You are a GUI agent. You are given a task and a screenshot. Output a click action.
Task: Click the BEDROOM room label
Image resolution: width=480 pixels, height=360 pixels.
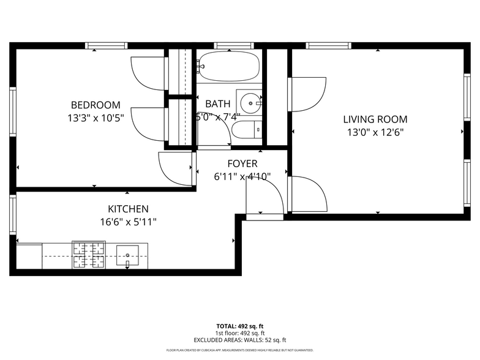[96, 105]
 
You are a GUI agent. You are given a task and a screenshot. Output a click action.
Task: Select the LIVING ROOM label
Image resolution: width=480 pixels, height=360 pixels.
[375, 119]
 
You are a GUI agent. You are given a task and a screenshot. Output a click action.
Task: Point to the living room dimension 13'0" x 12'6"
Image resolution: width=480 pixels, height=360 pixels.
[375, 132]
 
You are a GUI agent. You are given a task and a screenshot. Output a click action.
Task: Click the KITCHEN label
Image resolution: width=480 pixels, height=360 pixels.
[128, 209]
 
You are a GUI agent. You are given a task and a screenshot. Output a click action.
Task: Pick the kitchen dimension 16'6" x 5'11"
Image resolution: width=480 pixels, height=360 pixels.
[128, 222]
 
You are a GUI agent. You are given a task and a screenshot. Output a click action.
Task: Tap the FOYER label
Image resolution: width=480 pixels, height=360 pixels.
[242, 164]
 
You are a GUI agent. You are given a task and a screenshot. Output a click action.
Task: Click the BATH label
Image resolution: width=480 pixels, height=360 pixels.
[217, 104]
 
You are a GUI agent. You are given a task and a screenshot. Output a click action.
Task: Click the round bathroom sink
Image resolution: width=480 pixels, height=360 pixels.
[250, 103]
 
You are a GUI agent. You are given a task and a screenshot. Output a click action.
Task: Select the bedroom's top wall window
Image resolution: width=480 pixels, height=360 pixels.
[106, 45]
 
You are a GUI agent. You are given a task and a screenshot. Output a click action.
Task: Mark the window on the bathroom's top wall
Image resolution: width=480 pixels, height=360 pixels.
[233, 45]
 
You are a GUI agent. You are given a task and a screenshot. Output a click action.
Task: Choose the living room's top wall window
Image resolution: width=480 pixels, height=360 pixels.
[328, 45]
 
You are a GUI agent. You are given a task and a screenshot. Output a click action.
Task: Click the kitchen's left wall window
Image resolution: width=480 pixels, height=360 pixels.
[12, 214]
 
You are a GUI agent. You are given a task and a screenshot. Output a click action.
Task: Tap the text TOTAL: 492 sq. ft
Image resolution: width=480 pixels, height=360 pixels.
[240, 326]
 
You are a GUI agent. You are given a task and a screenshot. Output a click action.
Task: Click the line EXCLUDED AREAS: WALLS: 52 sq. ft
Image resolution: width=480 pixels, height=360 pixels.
[240, 340]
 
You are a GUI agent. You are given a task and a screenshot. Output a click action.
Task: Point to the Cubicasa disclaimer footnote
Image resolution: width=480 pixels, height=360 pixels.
[240, 351]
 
